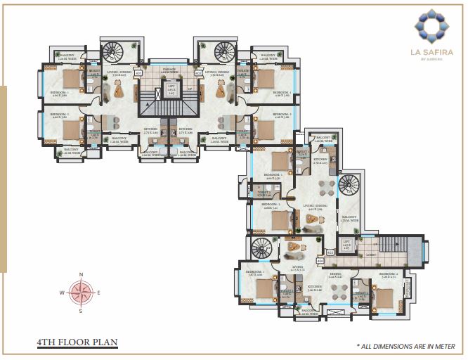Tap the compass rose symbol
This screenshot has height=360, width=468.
pyautogui.click(x=82, y=292)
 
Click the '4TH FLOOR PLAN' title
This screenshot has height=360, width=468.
pyautogui.click(x=77, y=343)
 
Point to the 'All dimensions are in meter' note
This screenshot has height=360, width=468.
pyautogui.click(x=405, y=346)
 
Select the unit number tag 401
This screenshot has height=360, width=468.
pyautogui.click(x=138, y=72)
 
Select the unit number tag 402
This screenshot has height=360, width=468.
pyautogui.click(x=198, y=72)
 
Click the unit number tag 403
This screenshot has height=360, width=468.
pyautogui.click(x=330, y=252)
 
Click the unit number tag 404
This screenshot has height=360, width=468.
pyautogui.click(x=320, y=261)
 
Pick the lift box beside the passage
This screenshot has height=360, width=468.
pyautogui.click(x=171, y=90)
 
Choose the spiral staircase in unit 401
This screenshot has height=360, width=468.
pyautogui.click(x=112, y=53)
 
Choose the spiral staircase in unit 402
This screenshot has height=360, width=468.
pyautogui.click(x=225, y=53)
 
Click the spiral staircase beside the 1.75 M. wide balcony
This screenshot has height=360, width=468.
pyautogui.click(x=349, y=187)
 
